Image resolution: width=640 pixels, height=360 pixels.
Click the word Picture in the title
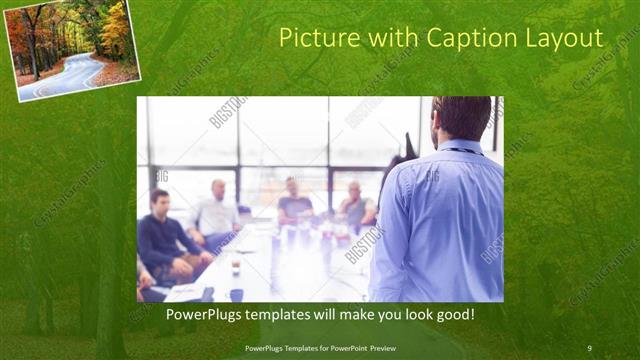(311, 39)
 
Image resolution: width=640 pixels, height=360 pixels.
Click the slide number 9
(589, 348)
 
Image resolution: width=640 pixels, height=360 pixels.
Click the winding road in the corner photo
(65, 74)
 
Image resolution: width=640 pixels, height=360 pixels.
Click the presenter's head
(462, 118)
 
